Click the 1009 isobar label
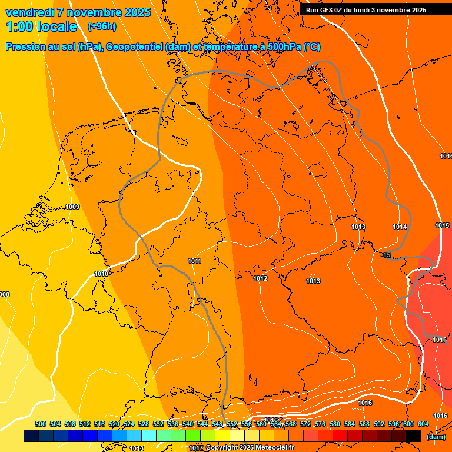tap(73, 207)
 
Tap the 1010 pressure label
tap(101, 274)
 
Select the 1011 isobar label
tap(195, 261)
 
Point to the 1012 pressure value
tap(260, 278)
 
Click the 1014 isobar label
tap(400, 227)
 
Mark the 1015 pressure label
tap(442, 225)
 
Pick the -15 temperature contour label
tap(386, 255)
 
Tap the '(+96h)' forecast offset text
tap(102, 26)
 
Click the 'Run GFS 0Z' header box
tap(366, 10)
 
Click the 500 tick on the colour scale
tap(41, 424)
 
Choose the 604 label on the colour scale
tap(423, 424)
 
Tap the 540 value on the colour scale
tap(188, 424)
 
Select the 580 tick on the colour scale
tap(335, 424)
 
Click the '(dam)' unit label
tap(436, 436)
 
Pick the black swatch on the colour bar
tap(413, 436)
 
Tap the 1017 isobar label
tap(196, 448)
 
